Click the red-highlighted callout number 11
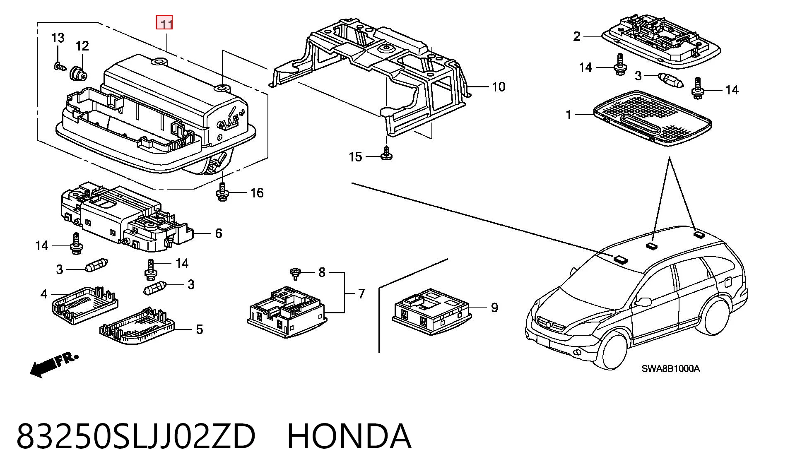[x=164, y=23]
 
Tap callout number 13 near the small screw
[x=58, y=38]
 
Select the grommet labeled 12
[x=78, y=74]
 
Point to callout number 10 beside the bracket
[x=499, y=87]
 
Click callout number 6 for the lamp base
[x=219, y=233]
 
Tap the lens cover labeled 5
[x=138, y=327]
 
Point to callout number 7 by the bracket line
[x=361, y=294]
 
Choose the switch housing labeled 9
[x=431, y=311]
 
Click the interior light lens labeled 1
[x=653, y=118]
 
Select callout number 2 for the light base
[x=577, y=37]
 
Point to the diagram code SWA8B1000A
[x=671, y=368]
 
